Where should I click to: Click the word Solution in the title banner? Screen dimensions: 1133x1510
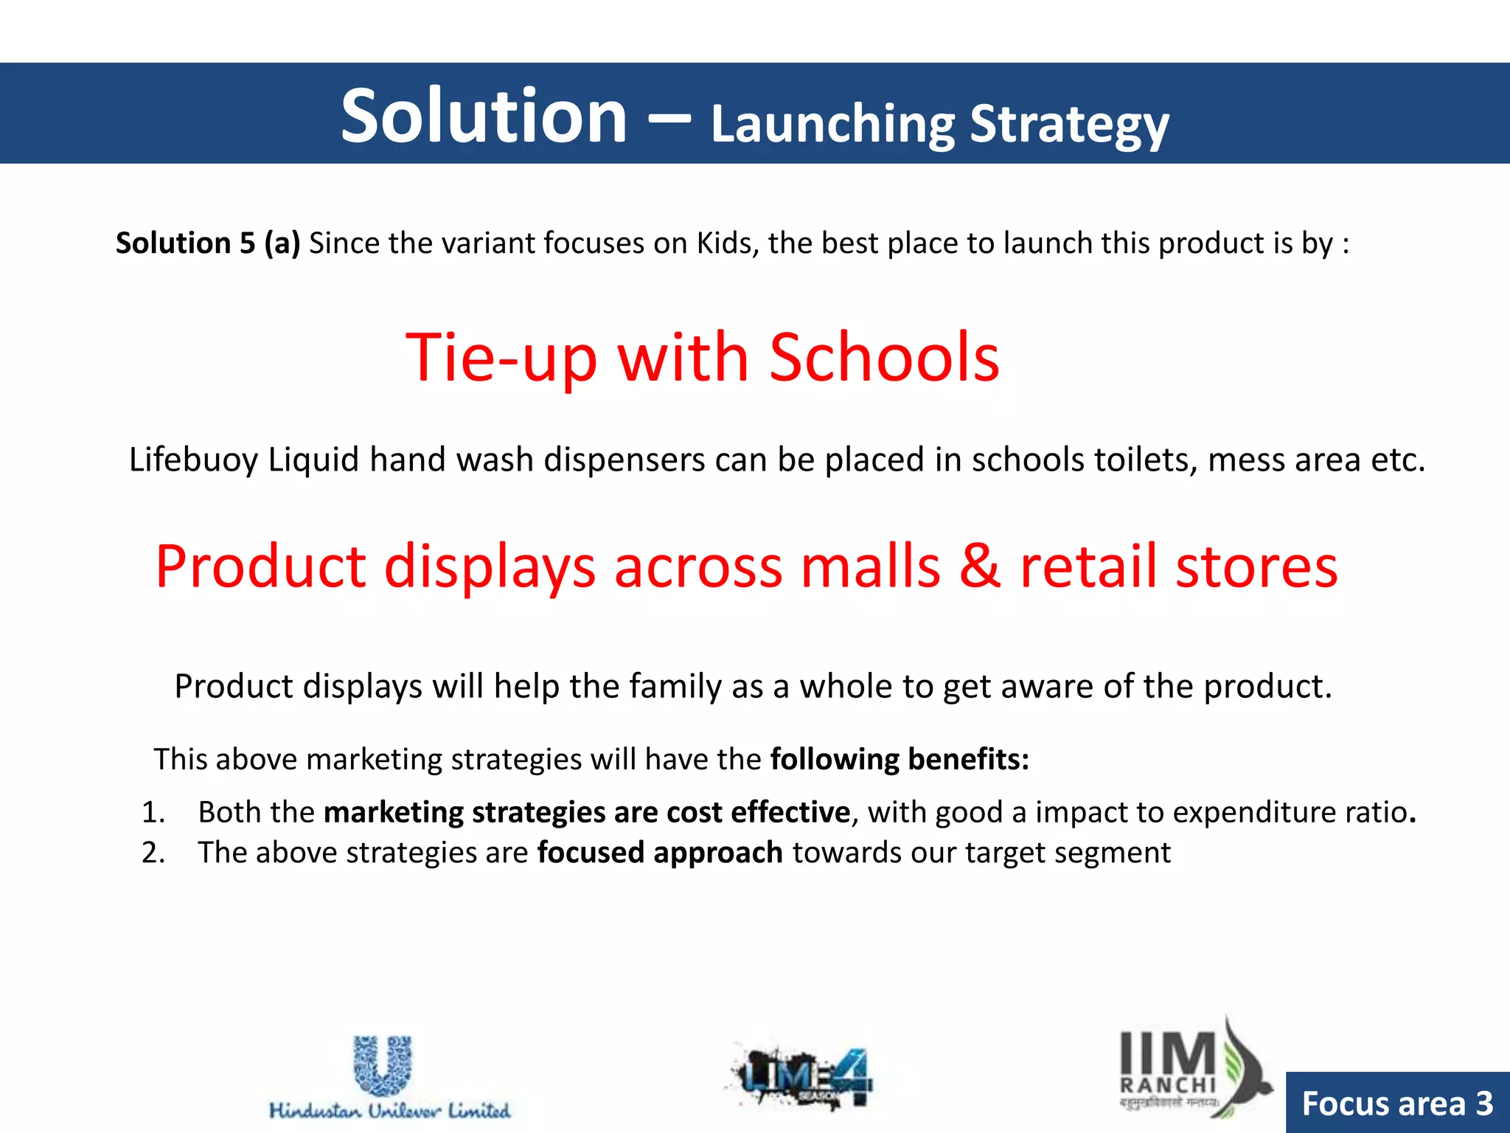(x=483, y=116)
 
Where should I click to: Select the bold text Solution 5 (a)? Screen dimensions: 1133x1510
(x=208, y=243)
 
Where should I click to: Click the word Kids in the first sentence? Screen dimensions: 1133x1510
(x=727, y=243)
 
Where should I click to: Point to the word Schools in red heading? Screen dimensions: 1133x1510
(x=884, y=358)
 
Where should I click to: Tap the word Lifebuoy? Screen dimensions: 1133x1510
(x=193, y=460)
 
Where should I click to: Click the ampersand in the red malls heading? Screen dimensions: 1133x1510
(x=980, y=566)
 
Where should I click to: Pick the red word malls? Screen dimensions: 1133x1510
(x=870, y=566)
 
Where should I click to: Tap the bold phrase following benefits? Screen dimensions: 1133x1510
(x=900, y=759)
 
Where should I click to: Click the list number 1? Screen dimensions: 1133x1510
(x=153, y=812)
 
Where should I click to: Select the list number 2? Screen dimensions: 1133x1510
(x=153, y=853)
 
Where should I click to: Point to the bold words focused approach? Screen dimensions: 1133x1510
(x=659, y=853)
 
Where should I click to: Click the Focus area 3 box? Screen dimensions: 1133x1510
(x=1397, y=1103)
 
